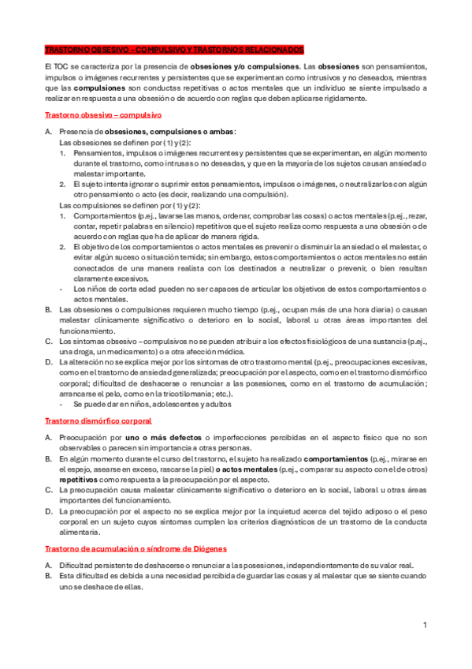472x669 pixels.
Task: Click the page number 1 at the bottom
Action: [424, 626]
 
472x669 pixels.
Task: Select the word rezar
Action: [415, 215]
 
